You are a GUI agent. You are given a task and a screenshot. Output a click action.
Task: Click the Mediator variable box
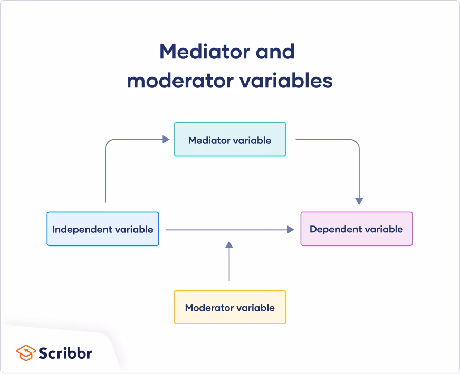tap(230, 140)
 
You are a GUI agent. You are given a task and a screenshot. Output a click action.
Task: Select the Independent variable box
tap(103, 229)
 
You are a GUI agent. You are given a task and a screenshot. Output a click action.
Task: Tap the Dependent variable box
tap(357, 229)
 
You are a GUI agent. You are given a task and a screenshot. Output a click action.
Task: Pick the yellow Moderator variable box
tap(230, 307)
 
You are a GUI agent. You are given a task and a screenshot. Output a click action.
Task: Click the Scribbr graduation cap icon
tap(26, 352)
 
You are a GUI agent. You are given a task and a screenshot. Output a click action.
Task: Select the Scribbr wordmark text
tap(65, 352)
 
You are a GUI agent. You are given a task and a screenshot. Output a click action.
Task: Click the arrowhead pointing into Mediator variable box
tap(166, 140)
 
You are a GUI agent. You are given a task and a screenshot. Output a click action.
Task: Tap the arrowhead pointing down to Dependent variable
tap(359, 201)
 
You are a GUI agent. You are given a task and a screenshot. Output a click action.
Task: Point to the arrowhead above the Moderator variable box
tap(229, 244)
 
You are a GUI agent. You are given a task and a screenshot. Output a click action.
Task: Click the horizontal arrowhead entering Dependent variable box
tap(290, 230)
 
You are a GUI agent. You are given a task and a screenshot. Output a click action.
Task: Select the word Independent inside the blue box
tap(82, 229)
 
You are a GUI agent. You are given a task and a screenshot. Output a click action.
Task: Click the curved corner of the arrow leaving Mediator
tap(356, 143)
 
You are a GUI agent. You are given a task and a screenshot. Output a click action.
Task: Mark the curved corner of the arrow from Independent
tap(109, 143)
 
